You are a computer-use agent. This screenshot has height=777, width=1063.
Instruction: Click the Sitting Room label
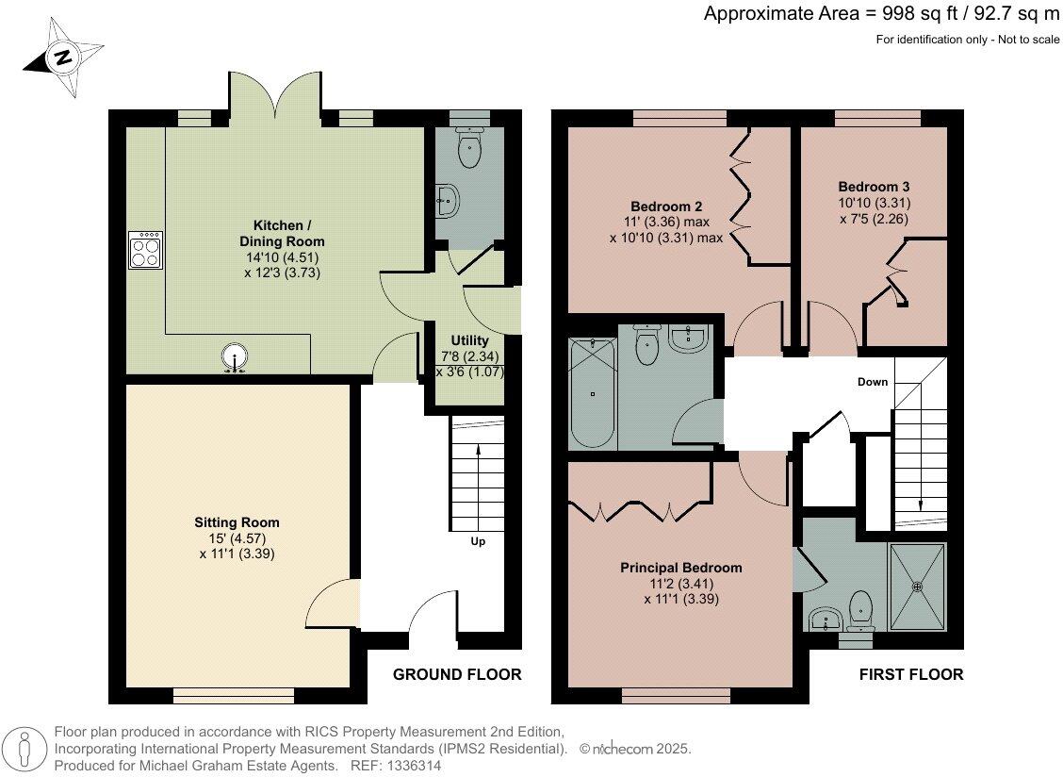(x=237, y=522)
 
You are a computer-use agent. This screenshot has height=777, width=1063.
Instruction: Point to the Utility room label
(x=469, y=340)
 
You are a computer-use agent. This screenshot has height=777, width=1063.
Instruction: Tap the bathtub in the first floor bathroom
(x=591, y=394)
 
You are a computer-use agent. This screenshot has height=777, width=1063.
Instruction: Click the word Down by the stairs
(x=872, y=382)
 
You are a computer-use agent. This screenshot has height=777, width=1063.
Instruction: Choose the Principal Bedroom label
(x=680, y=568)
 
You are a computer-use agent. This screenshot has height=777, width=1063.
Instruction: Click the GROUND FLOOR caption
(x=457, y=674)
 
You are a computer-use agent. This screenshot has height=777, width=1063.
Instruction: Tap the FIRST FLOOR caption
(x=910, y=674)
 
